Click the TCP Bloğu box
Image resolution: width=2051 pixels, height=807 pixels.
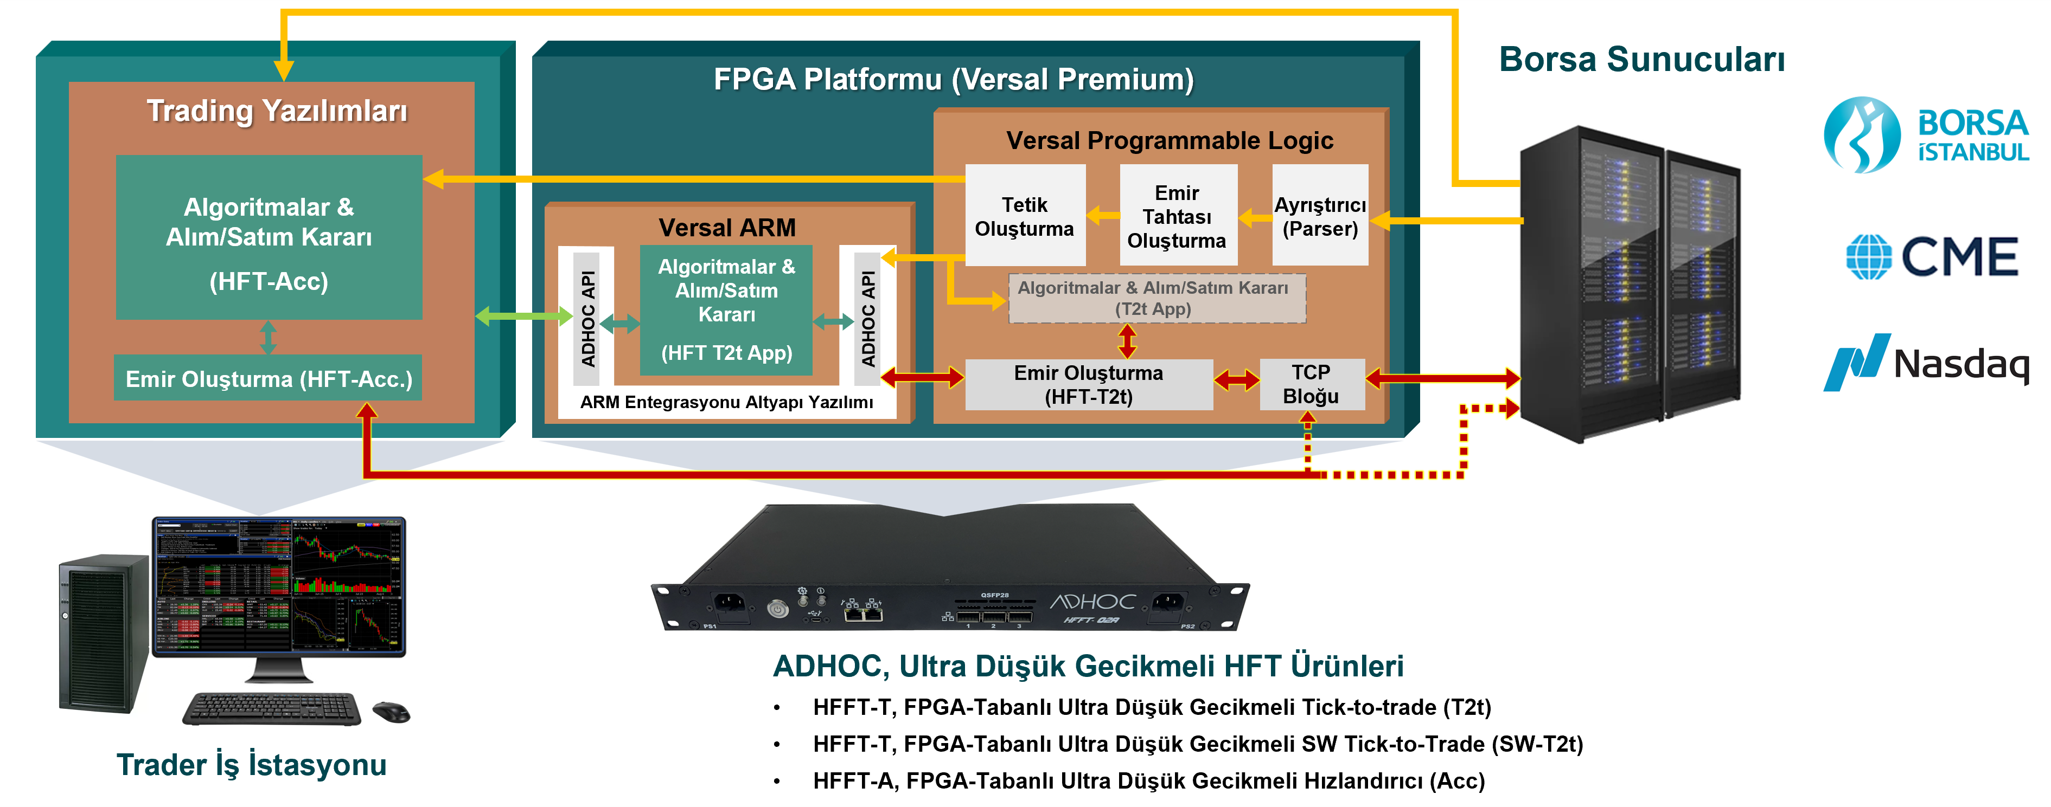click(1311, 384)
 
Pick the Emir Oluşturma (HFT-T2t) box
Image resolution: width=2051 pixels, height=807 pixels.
click(1088, 384)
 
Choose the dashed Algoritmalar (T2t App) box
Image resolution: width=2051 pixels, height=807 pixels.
click(1156, 299)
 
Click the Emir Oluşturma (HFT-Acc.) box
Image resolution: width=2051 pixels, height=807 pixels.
click(269, 378)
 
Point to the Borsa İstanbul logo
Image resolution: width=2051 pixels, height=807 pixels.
click(1925, 135)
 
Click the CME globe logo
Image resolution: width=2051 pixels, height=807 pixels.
click(1868, 256)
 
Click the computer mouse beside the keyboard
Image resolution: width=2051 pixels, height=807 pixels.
click(391, 711)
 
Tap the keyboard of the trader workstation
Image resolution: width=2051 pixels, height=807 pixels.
click(271, 707)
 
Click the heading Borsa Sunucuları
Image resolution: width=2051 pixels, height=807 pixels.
click(1642, 60)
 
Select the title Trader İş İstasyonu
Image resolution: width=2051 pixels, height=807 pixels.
click(252, 764)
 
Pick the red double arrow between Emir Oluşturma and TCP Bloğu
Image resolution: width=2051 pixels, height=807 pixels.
click(1236, 380)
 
